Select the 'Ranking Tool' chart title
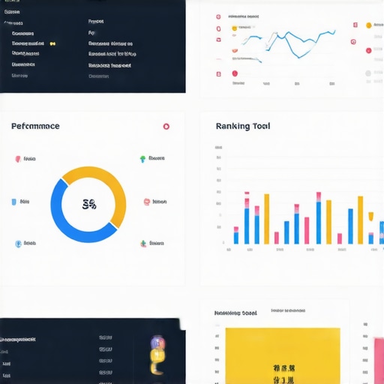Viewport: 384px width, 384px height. (x=242, y=126)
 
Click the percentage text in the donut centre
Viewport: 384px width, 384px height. (x=88, y=204)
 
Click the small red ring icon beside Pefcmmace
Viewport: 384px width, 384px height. (x=166, y=127)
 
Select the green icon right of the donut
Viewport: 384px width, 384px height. (x=142, y=159)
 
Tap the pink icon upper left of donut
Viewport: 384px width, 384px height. (x=17, y=159)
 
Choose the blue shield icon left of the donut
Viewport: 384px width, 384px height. (x=13, y=202)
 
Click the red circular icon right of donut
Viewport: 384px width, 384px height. (x=146, y=202)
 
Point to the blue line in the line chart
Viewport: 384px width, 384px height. (x=292, y=41)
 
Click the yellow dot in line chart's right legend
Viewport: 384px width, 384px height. (x=368, y=25)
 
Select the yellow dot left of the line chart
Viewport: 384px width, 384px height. (x=234, y=28)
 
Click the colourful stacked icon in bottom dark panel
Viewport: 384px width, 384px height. (x=157, y=355)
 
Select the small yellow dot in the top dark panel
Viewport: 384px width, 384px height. (x=52, y=43)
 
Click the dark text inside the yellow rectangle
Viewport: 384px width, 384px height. (x=283, y=374)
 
